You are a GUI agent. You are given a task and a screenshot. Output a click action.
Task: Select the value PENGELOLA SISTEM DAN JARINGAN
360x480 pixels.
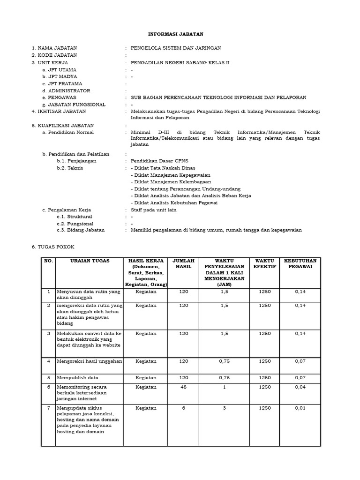[x=176, y=48]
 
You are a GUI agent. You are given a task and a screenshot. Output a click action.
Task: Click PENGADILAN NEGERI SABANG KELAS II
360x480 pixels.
[x=180, y=62]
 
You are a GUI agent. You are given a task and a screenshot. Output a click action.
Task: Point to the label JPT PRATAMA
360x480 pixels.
[x=62, y=83]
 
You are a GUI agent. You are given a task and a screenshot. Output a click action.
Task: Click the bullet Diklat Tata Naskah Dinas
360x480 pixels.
[x=163, y=168]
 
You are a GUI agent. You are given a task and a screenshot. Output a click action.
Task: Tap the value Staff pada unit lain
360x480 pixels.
[x=154, y=210]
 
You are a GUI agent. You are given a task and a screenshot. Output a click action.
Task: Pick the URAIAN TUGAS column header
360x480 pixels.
[x=90, y=261]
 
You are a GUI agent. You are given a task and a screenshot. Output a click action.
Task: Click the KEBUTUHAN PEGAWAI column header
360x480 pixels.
[x=300, y=263]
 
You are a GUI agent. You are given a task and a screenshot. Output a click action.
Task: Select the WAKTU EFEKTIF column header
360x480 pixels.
[x=265, y=263]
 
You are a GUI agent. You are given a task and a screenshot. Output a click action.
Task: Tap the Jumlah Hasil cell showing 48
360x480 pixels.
[x=184, y=387]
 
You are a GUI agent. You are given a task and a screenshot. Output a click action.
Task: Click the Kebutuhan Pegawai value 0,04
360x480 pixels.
[x=300, y=387]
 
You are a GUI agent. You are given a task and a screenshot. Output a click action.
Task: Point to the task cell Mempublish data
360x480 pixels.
[x=78, y=377]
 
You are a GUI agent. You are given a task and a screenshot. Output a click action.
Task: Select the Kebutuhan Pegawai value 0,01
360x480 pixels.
[x=300, y=408]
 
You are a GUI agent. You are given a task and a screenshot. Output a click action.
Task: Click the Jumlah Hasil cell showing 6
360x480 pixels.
[x=184, y=408]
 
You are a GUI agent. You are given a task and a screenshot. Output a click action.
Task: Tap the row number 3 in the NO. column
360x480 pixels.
[x=48, y=333]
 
